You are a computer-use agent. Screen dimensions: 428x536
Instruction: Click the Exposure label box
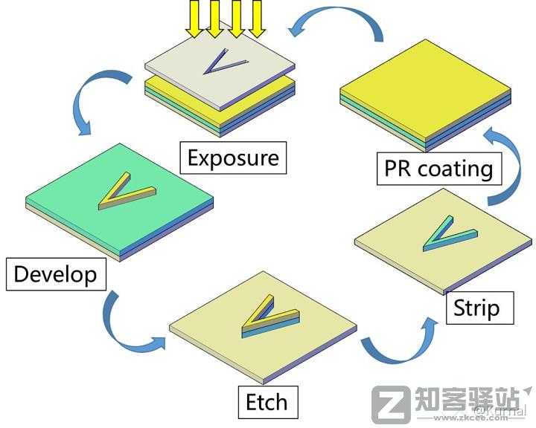pyautogui.click(x=233, y=158)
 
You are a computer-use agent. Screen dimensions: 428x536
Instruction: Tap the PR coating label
pyautogui.click(x=438, y=168)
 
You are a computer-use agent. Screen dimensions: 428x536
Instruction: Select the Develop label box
pyautogui.click(x=55, y=273)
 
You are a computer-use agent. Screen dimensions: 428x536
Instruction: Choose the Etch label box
pyautogui.click(x=267, y=402)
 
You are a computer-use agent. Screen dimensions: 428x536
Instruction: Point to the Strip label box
pyautogui.click(x=476, y=307)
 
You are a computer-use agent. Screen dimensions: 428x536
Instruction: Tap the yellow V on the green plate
pyautogui.click(x=122, y=190)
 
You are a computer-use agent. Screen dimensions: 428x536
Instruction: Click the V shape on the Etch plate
pyautogui.click(x=268, y=315)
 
